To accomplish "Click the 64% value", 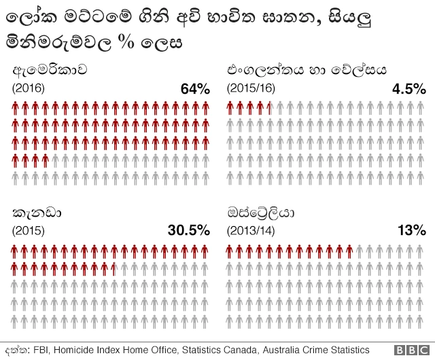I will click(195, 89).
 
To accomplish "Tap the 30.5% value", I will click(188, 230).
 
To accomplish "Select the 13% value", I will click(412, 230).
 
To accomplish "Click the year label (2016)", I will click(29, 88).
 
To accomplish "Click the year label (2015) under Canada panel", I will click(29, 230).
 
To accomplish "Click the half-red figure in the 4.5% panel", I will click(271, 107).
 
